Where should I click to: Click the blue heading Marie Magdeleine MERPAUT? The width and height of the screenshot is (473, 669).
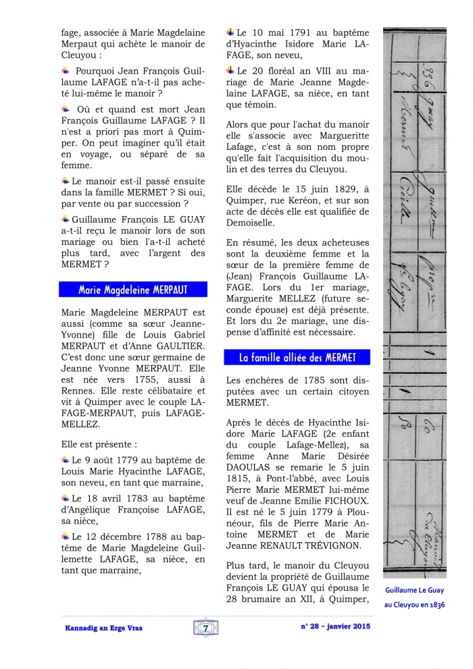tap(132, 290)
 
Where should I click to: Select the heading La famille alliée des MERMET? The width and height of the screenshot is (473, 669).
tap(298, 357)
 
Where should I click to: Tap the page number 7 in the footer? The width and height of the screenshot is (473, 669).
tap(204, 628)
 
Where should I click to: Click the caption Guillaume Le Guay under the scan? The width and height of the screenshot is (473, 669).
tap(414, 590)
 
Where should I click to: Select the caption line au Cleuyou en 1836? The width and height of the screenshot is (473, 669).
tap(414, 604)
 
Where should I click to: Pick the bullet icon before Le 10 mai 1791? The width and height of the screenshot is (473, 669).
tap(230, 32)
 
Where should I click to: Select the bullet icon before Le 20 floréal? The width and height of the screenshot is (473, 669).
tap(230, 70)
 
